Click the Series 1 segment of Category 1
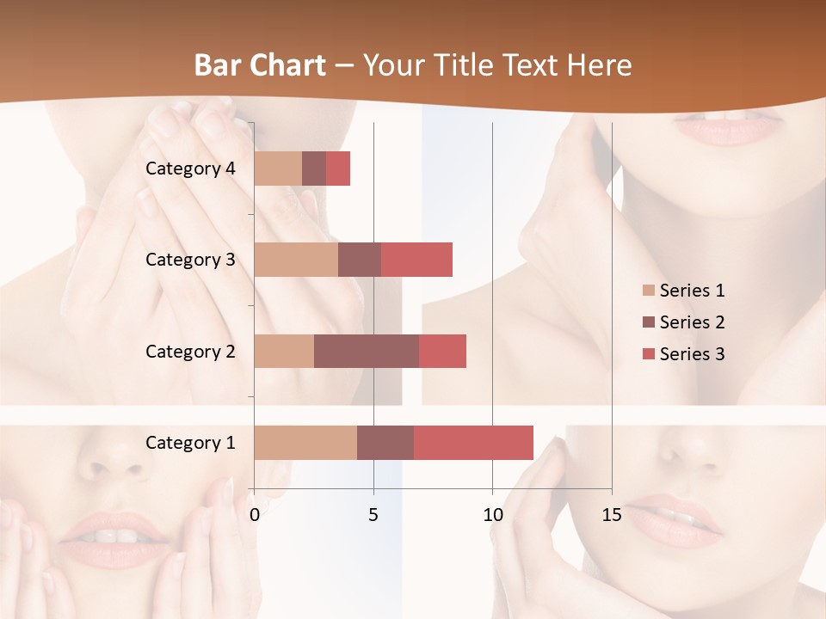point(305,443)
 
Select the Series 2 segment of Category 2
point(367,351)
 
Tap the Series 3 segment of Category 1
point(473,443)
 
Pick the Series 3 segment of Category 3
point(416,260)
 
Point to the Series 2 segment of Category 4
point(314,169)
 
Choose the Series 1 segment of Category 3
point(296,260)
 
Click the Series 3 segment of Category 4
point(338,169)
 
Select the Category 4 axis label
point(190,169)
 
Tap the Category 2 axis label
point(190,351)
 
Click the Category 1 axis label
point(190,443)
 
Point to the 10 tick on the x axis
point(492,515)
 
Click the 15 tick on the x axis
point(611,515)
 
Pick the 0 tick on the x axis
point(255,515)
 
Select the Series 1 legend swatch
point(649,291)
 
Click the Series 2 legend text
point(692,322)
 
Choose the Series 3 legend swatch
point(649,354)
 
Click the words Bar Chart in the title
point(260,65)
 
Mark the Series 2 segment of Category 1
point(385,443)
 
